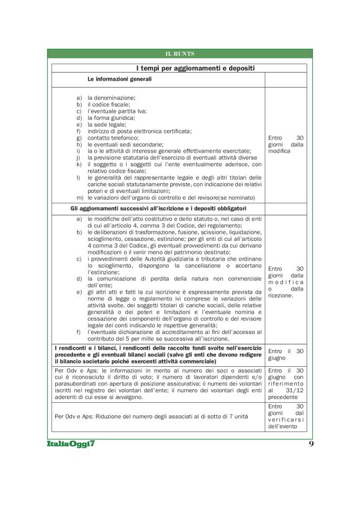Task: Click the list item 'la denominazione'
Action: [111, 98]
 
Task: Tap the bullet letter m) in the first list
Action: [79, 197]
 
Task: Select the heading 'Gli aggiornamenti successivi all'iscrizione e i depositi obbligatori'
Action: [159, 207]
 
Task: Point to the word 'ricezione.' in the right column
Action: [281, 295]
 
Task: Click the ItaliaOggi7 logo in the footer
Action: [73, 445]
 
